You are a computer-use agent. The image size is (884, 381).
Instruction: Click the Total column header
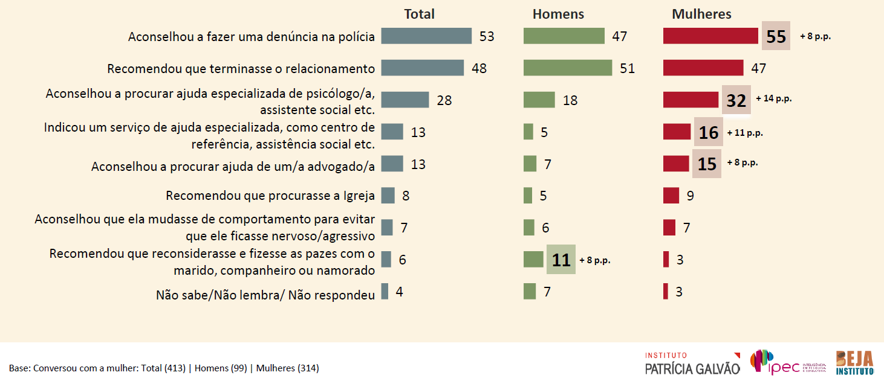[x=419, y=14]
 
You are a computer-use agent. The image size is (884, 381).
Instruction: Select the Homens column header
[x=558, y=14]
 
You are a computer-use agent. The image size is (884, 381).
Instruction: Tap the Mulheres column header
[x=701, y=14]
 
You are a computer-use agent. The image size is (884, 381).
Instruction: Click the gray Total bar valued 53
[x=426, y=36]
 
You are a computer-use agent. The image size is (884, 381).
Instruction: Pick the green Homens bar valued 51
[x=568, y=68]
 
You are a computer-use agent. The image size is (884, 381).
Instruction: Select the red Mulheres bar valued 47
[x=703, y=68]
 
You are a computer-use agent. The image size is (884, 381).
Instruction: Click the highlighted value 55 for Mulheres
[x=776, y=37]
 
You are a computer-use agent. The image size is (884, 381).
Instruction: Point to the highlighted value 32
[x=736, y=100]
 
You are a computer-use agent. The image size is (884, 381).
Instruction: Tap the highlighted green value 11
[x=561, y=260]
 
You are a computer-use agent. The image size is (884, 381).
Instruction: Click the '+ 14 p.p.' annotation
[x=773, y=98]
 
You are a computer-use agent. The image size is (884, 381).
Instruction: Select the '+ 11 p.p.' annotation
[x=745, y=133]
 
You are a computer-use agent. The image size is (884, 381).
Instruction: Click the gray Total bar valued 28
[x=405, y=100]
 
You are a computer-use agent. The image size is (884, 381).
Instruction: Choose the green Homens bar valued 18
[x=539, y=100]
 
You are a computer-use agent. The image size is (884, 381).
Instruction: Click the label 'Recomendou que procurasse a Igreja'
[x=270, y=196]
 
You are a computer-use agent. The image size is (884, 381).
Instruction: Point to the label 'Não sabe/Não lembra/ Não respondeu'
[x=265, y=295]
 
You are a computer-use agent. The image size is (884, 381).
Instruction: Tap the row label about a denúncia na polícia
[x=252, y=37]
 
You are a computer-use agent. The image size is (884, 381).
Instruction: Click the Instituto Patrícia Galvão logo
[x=692, y=363]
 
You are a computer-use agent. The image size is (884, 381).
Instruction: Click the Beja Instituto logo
[x=855, y=363]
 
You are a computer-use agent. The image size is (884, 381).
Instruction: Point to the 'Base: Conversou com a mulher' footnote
[x=164, y=368]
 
